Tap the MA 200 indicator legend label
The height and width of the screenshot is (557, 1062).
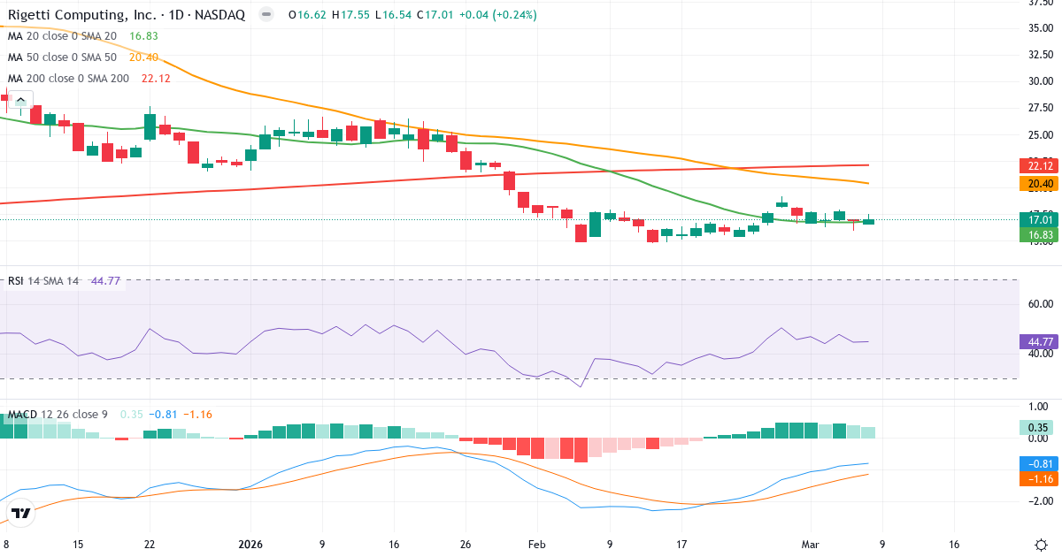click(67, 78)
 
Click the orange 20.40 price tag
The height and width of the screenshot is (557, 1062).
click(1040, 184)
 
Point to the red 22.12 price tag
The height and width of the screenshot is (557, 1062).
click(1040, 165)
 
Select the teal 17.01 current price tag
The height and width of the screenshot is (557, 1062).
click(1040, 219)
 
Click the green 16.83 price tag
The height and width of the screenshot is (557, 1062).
click(1040, 234)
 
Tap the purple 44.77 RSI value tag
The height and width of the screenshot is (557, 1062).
click(1040, 341)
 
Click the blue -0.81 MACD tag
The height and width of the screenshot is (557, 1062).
click(1040, 463)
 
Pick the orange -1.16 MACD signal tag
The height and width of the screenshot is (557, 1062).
click(1040, 478)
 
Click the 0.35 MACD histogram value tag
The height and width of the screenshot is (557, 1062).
click(1040, 428)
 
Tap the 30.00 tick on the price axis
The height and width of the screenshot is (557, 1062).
click(1040, 81)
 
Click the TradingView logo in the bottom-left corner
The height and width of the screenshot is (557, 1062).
click(21, 513)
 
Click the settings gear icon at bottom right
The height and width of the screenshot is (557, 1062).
click(1041, 545)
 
